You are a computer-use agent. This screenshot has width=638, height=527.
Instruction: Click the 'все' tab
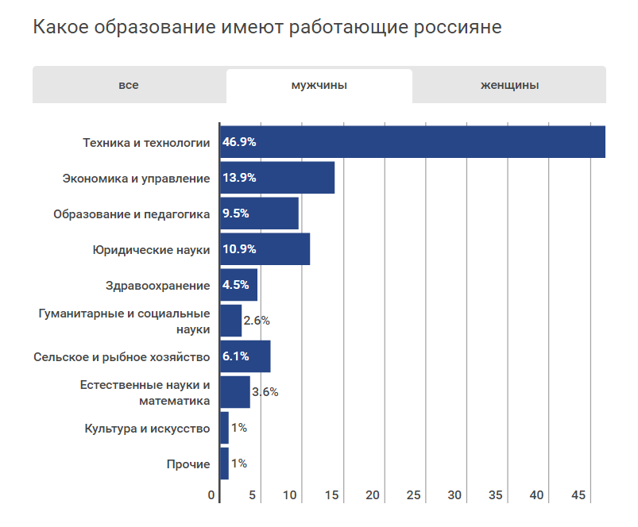pyautogui.click(x=129, y=86)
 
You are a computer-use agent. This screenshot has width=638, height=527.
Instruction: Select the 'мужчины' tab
pyautogui.click(x=319, y=86)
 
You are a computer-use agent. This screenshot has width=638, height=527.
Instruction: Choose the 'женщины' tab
pyautogui.click(x=509, y=86)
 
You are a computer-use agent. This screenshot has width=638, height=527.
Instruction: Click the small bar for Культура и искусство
pyautogui.click(x=224, y=428)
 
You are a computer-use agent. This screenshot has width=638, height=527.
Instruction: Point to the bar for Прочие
pyautogui.click(x=224, y=464)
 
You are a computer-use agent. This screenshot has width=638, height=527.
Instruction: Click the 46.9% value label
pyautogui.click(x=239, y=142)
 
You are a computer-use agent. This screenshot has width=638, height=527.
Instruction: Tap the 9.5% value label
pyautogui.click(x=236, y=213)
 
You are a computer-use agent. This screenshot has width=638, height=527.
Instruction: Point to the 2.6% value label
pyautogui.click(x=257, y=321)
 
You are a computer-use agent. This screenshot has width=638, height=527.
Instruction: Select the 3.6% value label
pyautogui.click(x=265, y=392)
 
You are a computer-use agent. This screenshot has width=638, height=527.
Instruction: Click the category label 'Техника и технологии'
pyautogui.click(x=146, y=143)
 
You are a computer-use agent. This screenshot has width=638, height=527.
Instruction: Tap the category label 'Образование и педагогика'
pyautogui.click(x=131, y=214)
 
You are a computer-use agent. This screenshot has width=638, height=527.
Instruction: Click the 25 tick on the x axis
pyautogui.click(x=413, y=495)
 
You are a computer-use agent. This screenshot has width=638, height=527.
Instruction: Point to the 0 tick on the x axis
pyautogui.click(x=212, y=495)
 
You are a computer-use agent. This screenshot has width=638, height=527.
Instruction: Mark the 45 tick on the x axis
pyautogui.click(x=578, y=495)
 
